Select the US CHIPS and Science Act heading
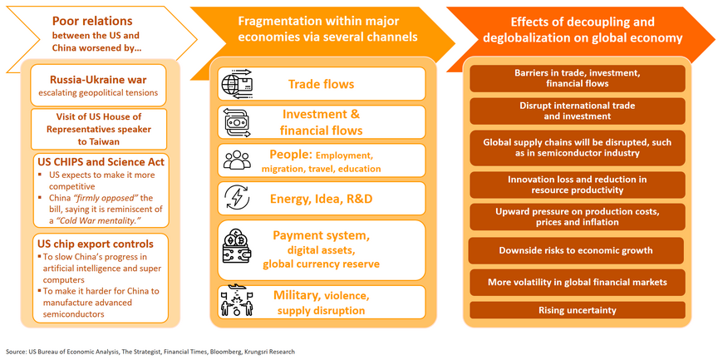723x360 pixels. [x=100, y=162]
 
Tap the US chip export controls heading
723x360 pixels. [x=94, y=244]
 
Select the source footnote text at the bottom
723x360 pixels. [x=150, y=352]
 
